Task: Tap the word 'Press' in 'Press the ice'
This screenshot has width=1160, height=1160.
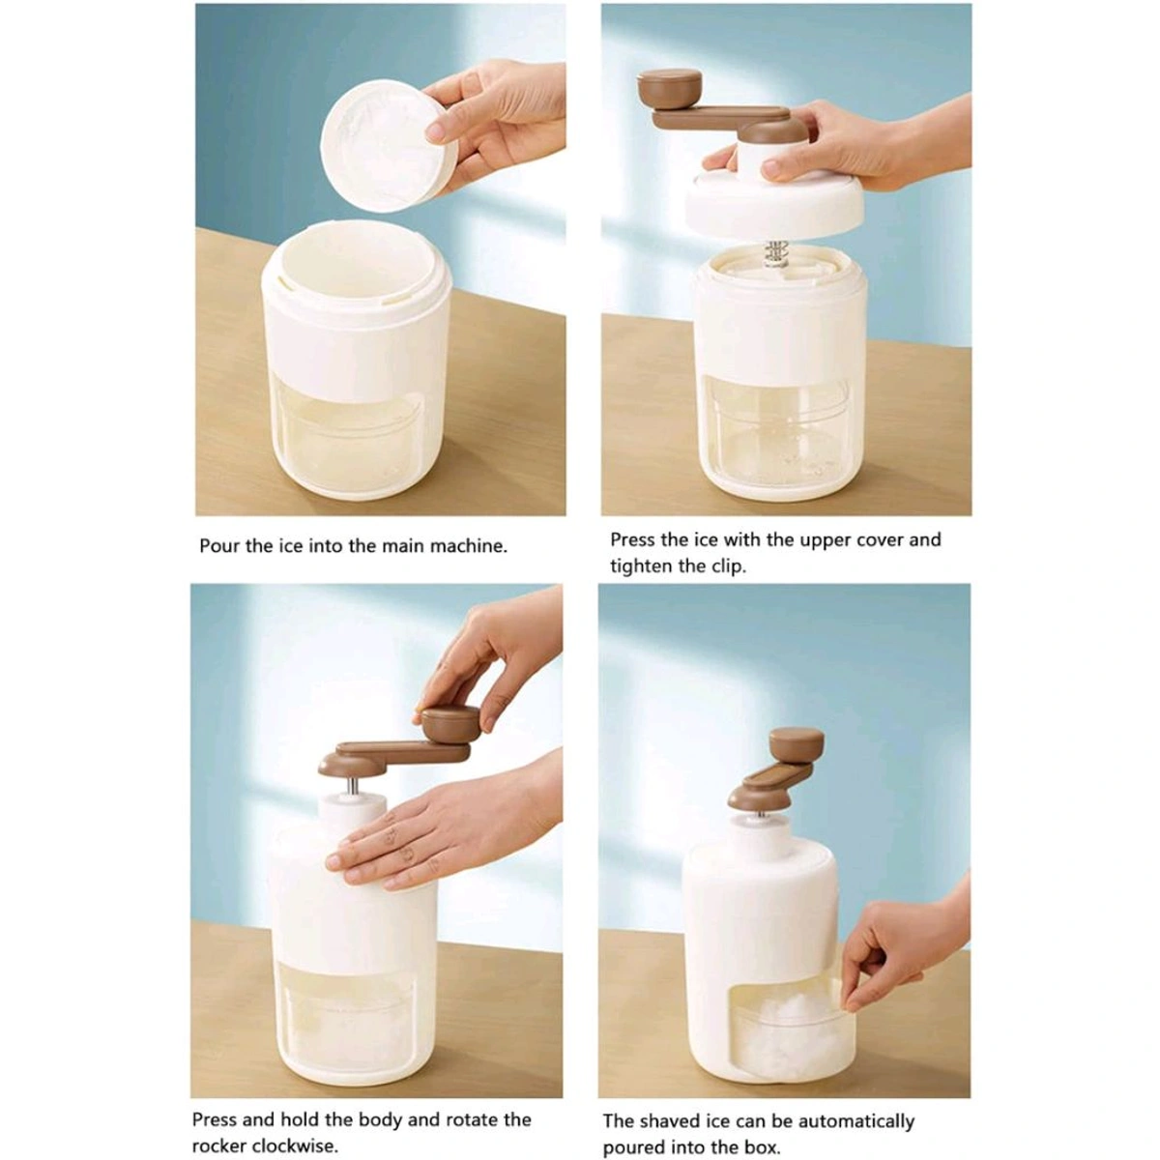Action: click(x=633, y=539)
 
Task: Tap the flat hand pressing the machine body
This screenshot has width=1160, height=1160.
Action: click(x=425, y=833)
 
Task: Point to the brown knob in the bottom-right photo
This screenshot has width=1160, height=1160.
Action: click(x=797, y=744)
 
